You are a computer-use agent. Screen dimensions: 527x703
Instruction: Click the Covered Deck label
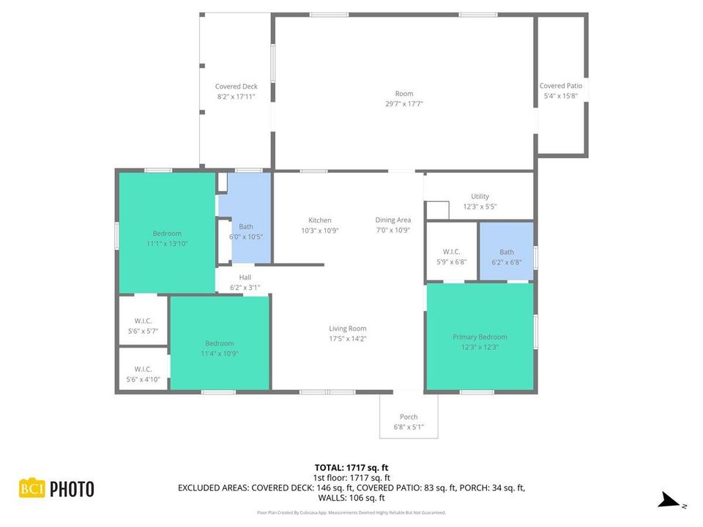236,86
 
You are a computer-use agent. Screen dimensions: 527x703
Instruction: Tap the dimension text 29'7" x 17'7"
404,104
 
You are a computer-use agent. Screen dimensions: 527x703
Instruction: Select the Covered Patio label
560,86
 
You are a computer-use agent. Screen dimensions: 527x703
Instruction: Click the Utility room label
480,196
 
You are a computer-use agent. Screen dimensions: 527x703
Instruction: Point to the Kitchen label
319,220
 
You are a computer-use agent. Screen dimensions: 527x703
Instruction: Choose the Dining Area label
393,220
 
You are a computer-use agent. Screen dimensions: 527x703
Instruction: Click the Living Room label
347,329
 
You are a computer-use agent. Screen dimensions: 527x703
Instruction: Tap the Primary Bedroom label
480,337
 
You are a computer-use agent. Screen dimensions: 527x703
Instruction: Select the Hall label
245,277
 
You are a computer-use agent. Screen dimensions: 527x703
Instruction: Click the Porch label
408,417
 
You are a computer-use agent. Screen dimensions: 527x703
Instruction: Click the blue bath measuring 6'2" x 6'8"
506,253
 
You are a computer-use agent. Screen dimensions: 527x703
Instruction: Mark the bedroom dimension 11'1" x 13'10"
167,244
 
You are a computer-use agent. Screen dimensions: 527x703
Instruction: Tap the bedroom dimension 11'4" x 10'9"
219,354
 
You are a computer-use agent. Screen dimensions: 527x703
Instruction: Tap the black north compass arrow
668,500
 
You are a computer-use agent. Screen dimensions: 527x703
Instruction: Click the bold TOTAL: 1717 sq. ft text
351,467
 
